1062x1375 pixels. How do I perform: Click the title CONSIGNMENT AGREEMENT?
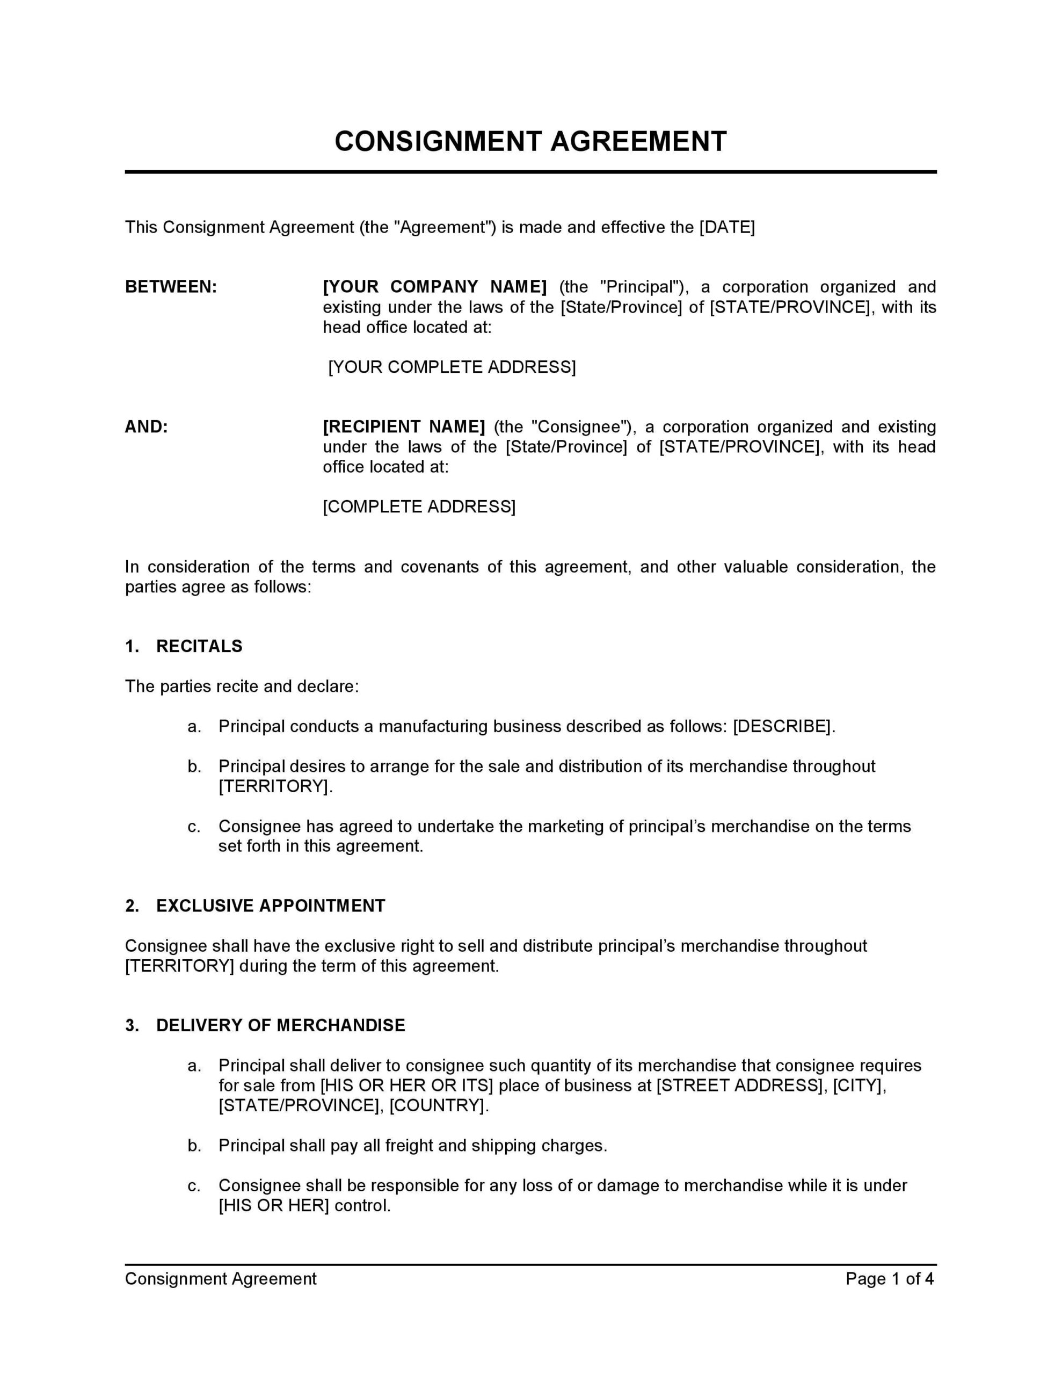click(x=530, y=142)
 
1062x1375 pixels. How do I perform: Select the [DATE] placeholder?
click(x=726, y=227)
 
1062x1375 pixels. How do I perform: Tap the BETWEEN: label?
click(x=171, y=287)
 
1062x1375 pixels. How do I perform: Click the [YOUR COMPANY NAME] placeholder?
click(x=434, y=287)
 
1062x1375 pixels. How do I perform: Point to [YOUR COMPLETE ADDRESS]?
click(x=452, y=367)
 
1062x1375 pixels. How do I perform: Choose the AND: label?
click(x=146, y=427)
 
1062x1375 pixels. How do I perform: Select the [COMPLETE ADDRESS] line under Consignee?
click(x=419, y=507)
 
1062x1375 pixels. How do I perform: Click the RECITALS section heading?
click(x=199, y=647)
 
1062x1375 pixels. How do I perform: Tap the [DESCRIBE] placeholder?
click(x=782, y=727)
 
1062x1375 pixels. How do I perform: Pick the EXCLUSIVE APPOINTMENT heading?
click(x=270, y=906)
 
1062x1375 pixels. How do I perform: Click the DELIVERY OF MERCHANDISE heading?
click(x=280, y=1025)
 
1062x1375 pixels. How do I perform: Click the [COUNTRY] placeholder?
click(x=437, y=1105)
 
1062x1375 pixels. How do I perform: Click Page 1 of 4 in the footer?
click(x=889, y=1279)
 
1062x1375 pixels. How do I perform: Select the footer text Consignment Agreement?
click(x=220, y=1279)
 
